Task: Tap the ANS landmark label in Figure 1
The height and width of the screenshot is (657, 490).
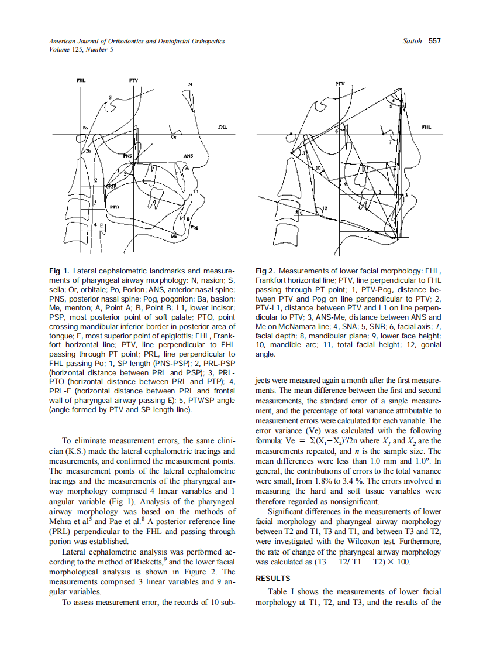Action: click(188, 156)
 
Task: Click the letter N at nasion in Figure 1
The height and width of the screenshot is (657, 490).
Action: click(189, 84)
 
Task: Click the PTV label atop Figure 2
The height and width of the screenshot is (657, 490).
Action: click(340, 84)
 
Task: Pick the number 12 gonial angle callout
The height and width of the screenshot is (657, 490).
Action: click(325, 208)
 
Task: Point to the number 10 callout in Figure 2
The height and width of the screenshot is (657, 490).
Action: click(318, 169)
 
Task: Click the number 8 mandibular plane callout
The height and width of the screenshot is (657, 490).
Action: click(296, 212)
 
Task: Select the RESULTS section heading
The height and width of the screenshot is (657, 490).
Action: click(273, 578)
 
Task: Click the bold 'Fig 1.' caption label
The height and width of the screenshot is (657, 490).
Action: click(59, 272)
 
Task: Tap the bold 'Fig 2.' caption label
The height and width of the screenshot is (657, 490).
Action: click(266, 272)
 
